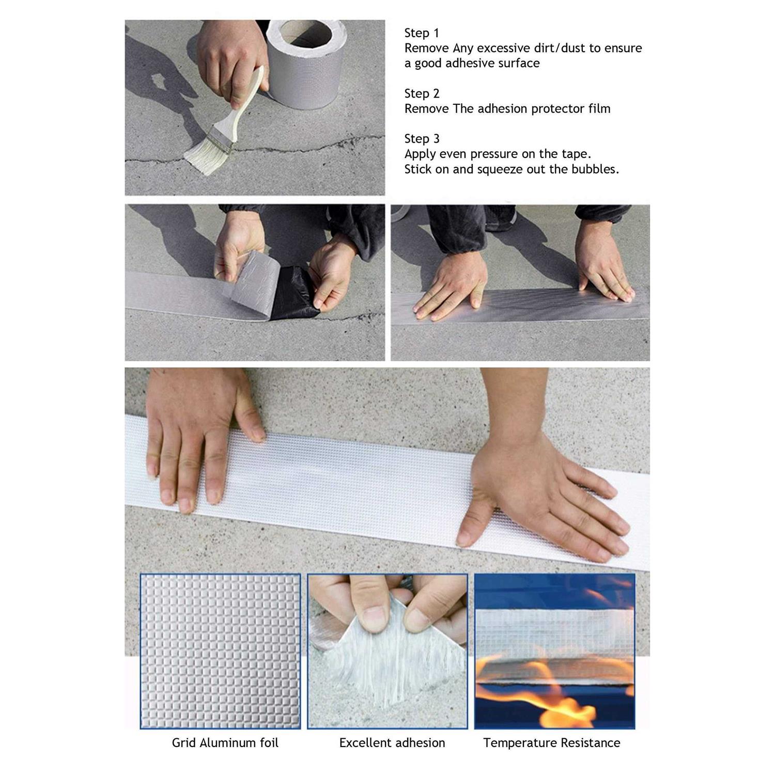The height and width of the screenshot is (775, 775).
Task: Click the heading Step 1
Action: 422,33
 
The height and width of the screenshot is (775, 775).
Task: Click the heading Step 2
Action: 422,94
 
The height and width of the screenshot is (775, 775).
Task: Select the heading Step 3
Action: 422,138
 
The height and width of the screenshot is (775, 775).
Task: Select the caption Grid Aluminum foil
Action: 225,743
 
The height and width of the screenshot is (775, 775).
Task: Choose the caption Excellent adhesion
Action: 392,743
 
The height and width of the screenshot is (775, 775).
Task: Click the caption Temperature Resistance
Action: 552,743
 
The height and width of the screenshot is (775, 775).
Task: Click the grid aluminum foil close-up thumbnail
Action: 220,651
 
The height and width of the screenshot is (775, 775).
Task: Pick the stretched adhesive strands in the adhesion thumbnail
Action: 393,672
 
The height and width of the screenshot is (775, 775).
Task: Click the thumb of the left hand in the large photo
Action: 250,408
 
